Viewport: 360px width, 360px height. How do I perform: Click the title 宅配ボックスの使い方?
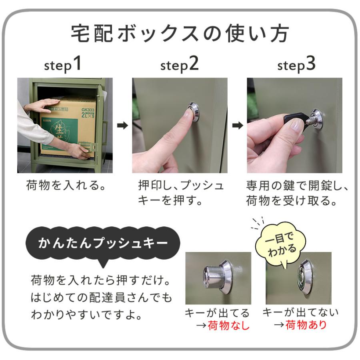pyautogui.click(x=180, y=34)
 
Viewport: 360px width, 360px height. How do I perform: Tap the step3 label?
pyautogui.click(x=296, y=64)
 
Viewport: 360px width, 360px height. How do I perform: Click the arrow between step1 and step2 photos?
pyautogui.click(x=122, y=126)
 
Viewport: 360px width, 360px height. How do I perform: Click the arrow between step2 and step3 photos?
pyautogui.click(x=238, y=126)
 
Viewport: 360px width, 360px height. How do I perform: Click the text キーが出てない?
pyautogui.click(x=300, y=312)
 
